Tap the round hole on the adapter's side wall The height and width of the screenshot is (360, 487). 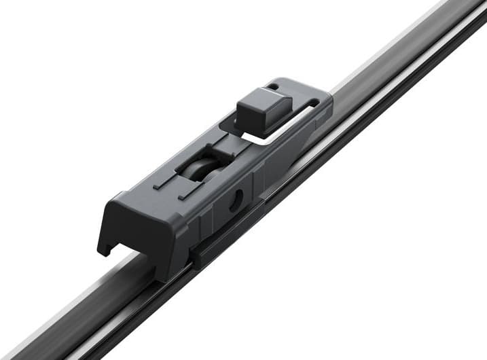pyautogui.click(x=235, y=200)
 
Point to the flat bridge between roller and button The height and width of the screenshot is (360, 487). pyautogui.click(x=228, y=146)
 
